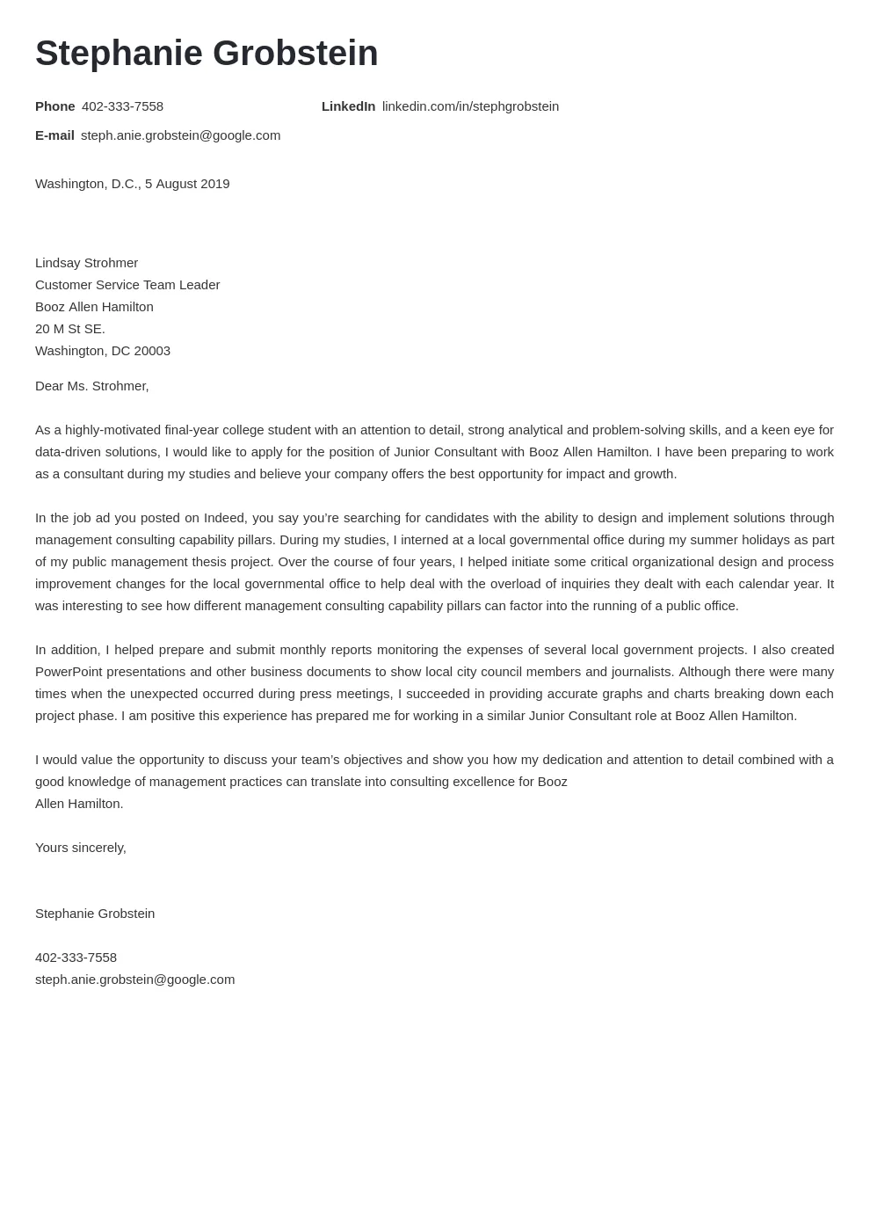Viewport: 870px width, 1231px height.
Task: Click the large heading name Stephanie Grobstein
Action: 207,54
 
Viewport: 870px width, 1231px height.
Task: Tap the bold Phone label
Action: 54,106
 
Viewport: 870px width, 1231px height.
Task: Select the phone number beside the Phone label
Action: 122,106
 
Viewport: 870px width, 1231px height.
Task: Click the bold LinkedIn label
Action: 348,106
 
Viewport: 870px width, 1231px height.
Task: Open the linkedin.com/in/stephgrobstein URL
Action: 470,106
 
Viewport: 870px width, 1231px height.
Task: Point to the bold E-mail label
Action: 54,135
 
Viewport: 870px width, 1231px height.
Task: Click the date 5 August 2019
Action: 187,184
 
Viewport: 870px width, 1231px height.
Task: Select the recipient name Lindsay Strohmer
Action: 86,263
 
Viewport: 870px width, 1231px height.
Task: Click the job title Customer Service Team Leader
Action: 127,285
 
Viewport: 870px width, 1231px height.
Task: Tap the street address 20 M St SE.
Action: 70,329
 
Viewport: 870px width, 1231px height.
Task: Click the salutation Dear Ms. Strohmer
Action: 92,386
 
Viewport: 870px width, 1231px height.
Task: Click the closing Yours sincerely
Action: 81,848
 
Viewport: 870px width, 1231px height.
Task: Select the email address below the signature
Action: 134,980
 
